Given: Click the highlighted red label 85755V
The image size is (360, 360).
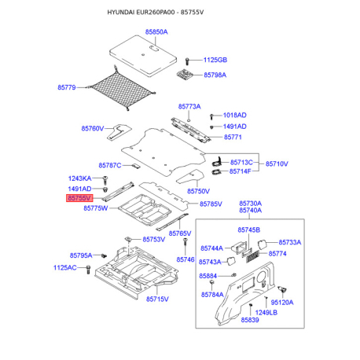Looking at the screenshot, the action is point(79,198).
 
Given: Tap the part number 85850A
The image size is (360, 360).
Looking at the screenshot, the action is point(156,32).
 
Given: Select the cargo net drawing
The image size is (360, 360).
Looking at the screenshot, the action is point(121,89).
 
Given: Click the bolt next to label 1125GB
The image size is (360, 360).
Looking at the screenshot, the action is point(187,61).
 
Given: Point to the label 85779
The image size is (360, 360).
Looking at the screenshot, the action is point(67,87).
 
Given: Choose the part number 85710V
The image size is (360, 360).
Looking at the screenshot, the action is point(277,163).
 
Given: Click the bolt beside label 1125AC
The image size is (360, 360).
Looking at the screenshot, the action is point(88,270).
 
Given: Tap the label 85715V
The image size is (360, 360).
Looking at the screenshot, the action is point(157,299).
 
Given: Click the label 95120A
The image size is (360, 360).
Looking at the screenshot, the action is point(282,303).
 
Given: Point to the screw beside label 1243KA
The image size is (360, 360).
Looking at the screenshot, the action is point(105,180).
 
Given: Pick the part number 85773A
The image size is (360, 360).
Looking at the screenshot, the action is point(189,106).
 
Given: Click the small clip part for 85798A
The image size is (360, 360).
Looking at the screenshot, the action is point(186,74).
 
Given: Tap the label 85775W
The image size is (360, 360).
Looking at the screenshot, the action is point(95,208).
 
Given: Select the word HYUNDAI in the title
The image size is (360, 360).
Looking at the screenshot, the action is point(121,13).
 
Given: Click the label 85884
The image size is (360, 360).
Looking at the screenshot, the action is point(208,276).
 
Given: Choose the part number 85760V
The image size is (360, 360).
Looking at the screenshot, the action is point(93,128).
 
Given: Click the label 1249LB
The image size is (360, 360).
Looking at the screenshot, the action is point(266,312).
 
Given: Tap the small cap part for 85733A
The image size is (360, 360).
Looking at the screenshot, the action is point(262,244).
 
